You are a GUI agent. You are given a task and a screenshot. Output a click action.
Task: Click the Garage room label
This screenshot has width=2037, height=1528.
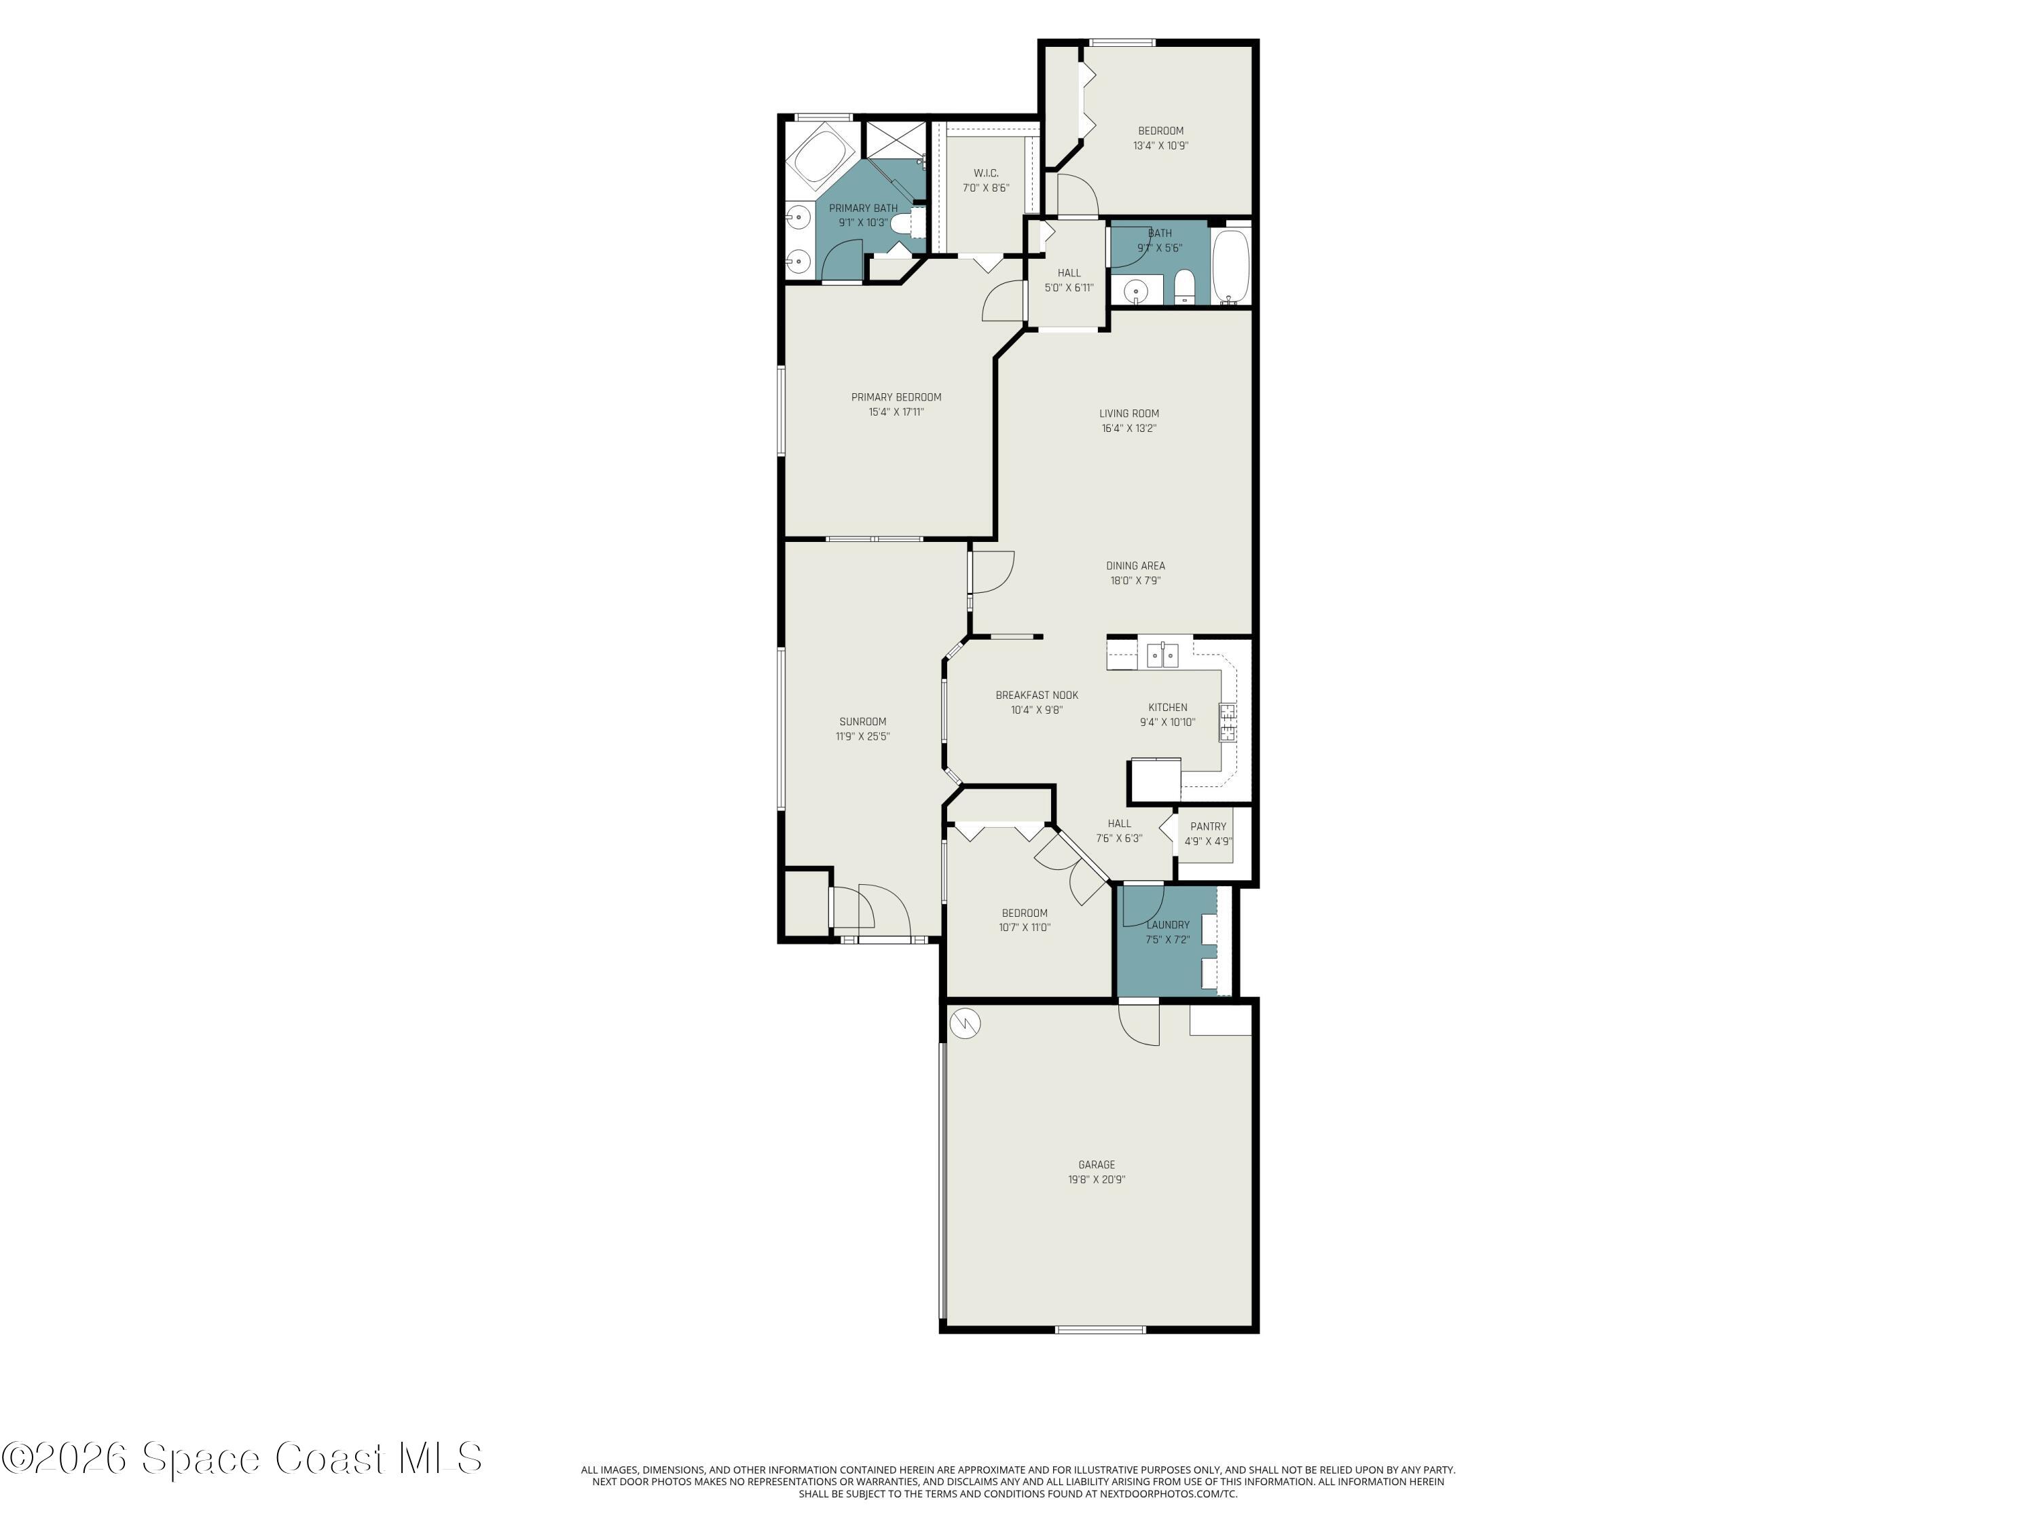pyautogui.click(x=1096, y=1164)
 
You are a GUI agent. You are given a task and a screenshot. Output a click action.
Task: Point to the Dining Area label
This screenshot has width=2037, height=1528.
pyautogui.click(x=1135, y=566)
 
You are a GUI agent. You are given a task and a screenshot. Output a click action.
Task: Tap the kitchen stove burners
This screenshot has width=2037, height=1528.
pyautogui.click(x=1228, y=722)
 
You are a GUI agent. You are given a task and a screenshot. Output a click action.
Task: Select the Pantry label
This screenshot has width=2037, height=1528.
pyautogui.click(x=1207, y=826)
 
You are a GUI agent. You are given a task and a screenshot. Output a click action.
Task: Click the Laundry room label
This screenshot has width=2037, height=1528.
pyautogui.click(x=1168, y=925)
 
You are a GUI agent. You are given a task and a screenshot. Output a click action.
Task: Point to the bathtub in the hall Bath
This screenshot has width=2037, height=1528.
pyautogui.click(x=1231, y=266)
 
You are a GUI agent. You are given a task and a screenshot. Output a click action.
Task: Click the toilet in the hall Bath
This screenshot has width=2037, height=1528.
pyautogui.click(x=1184, y=287)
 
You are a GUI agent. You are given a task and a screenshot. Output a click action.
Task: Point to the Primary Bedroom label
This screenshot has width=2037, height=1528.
pyautogui.click(x=896, y=397)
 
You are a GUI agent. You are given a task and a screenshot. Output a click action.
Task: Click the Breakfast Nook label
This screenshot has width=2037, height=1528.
pyautogui.click(x=1036, y=695)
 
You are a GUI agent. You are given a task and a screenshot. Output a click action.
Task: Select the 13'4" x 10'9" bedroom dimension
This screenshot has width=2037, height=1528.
pyautogui.click(x=1160, y=145)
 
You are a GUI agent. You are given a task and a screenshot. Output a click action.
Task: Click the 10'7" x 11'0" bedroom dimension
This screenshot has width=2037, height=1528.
pyautogui.click(x=1024, y=928)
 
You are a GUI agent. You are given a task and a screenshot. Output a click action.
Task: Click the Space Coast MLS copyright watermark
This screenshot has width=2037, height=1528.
pyautogui.click(x=241, y=1458)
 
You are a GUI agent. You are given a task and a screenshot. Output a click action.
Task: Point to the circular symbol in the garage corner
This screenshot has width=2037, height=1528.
pyautogui.click(x=964, y=1021)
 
